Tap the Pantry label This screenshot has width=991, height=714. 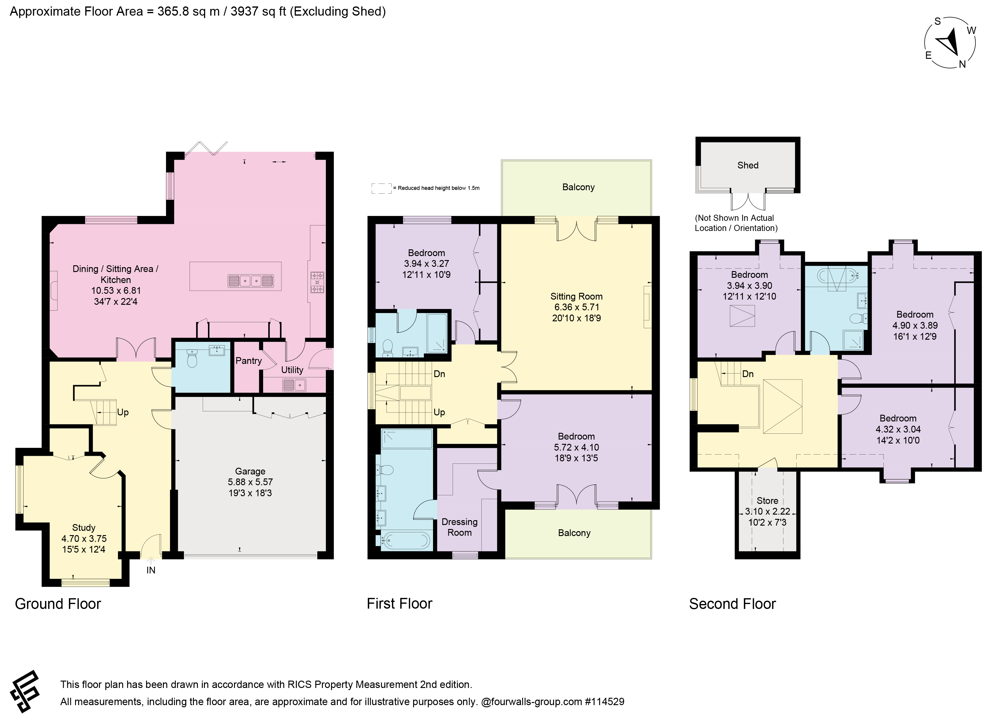coord(249,361)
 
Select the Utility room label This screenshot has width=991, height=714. coord(292,370)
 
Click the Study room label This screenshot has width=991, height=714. coord(84,527)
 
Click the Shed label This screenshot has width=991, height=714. coord(748,165)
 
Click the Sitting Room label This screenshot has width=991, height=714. coord(576,296)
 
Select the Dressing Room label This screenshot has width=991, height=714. coord(459,527)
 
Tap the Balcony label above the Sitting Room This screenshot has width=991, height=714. coord(578,187)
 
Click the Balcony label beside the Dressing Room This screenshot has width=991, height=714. coord(574,533)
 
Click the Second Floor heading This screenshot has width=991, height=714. coord(732,604)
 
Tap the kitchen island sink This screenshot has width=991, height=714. coord(251,281)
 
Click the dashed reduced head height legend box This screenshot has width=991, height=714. coord(382,188)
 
